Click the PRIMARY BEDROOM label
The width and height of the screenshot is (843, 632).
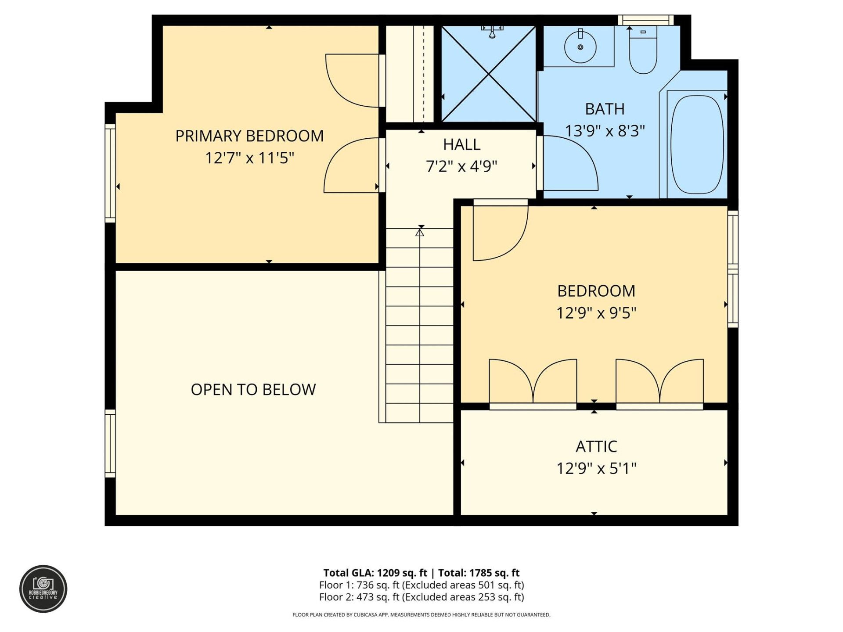click(249, 136)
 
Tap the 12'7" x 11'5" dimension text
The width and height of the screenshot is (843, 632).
click(249, 158)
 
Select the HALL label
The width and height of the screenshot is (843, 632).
click(461, 144)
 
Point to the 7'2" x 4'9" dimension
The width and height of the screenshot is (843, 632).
click(461, 166)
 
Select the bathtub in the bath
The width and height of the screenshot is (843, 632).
click(697, 145)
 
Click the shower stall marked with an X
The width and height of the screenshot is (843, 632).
click(488, 74)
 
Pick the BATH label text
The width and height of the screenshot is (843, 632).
click(605, 109)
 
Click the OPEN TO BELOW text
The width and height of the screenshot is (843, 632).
click(253, 390)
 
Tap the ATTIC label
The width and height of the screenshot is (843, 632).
click(596, 447)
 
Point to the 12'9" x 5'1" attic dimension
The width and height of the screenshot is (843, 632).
click(596, 469)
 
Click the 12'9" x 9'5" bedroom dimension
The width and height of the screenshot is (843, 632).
click(596, 313)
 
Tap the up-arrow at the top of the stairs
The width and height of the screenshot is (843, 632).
click(420, 233)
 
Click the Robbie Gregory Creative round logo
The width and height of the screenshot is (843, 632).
click(43, 589)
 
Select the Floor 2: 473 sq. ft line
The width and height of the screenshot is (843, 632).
click(421, 597)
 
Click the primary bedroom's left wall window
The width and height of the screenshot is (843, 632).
click(110, 173)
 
